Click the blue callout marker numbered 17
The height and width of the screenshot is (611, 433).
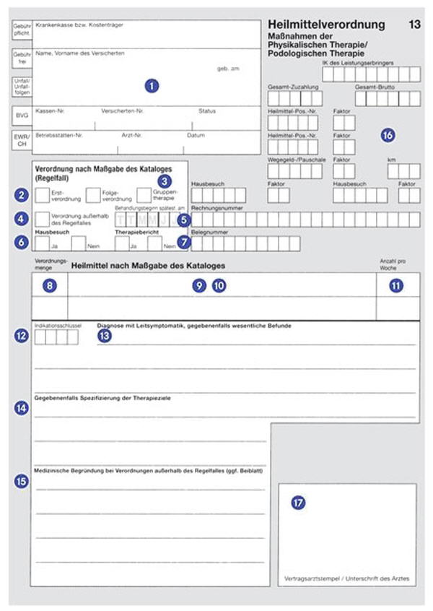(x=298, y=503)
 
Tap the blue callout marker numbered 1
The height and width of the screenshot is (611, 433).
(x=151, y=85)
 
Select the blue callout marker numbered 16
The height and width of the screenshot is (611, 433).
(x=388, y=135)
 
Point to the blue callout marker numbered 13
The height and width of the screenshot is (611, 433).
(x=105, y=336)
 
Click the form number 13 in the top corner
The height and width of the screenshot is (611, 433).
(x=414, y=25)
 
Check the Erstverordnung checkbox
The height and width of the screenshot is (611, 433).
(x=42, y=195)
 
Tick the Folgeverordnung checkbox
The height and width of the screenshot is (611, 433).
(x=93, y=195)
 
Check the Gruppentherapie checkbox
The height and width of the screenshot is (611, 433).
(x=144, y=195)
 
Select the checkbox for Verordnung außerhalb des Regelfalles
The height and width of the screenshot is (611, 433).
(x=42, y=218)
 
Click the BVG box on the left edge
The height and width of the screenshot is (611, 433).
(x=21, y=115)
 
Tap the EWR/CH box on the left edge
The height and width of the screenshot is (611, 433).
(x=21, y=141)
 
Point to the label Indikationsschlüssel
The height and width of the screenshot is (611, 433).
(x=56, y=325)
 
